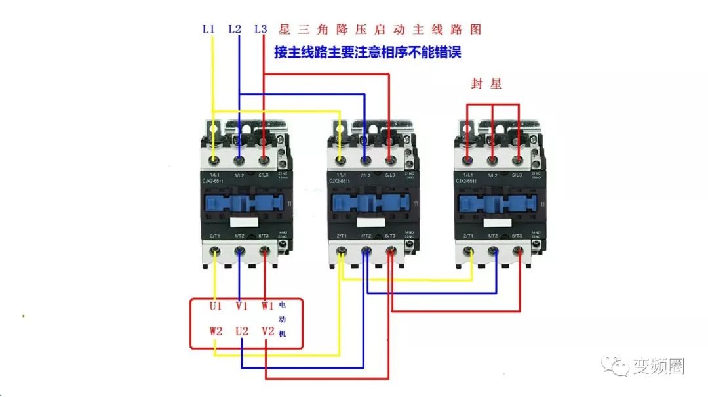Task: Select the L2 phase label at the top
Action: [x=234, y=30]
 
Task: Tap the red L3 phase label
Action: [x=260, y=30]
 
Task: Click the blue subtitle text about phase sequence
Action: [x=367, y=52]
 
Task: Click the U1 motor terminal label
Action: [x=216, y=306]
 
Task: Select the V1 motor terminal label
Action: [x=241, y=306]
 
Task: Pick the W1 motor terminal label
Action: [x=267, y=306]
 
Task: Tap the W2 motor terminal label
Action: [x=216, y=331]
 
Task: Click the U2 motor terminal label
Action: [x=241, y=331]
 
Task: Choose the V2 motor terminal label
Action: [x=267, y=331]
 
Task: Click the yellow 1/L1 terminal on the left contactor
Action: [x=214, y=160]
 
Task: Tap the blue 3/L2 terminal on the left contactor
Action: [x=239, y=160]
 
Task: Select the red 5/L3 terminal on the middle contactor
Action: [x=390, y=160]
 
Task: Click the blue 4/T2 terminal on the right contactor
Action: [x=493, y=251]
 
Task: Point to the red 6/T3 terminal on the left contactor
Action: [x=264, y=251]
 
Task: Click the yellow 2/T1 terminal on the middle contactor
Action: [x=340, y=251]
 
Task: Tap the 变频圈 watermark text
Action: [x=658, y=366]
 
